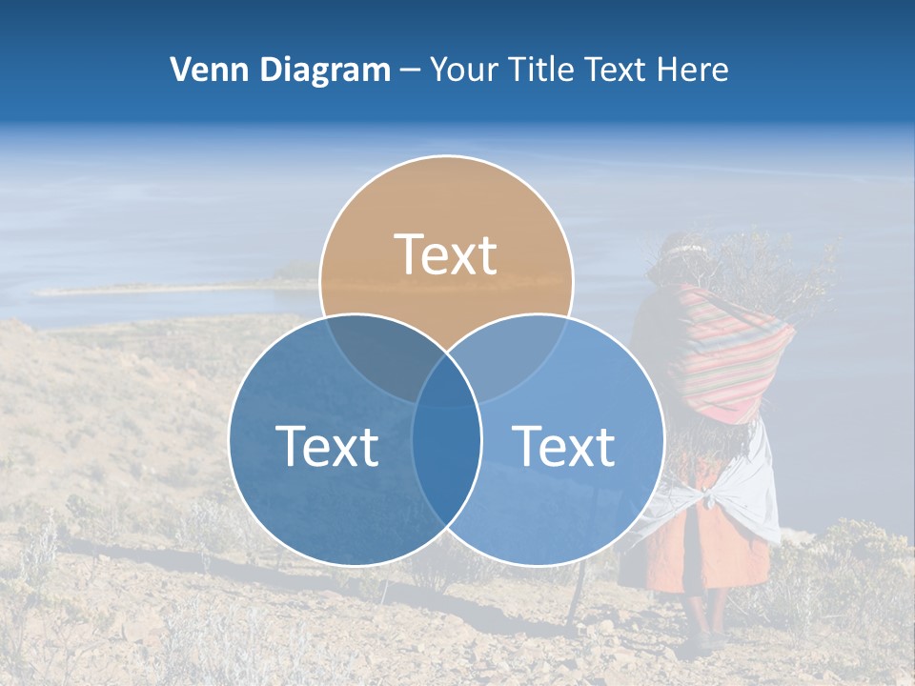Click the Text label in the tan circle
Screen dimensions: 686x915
(446, 254)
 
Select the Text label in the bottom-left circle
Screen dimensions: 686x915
(327, 446)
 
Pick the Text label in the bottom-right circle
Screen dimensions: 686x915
(563, 446)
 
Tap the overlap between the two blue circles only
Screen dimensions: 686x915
(446, 457)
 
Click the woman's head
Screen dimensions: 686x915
(682, 259)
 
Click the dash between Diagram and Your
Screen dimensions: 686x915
(410, 70)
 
